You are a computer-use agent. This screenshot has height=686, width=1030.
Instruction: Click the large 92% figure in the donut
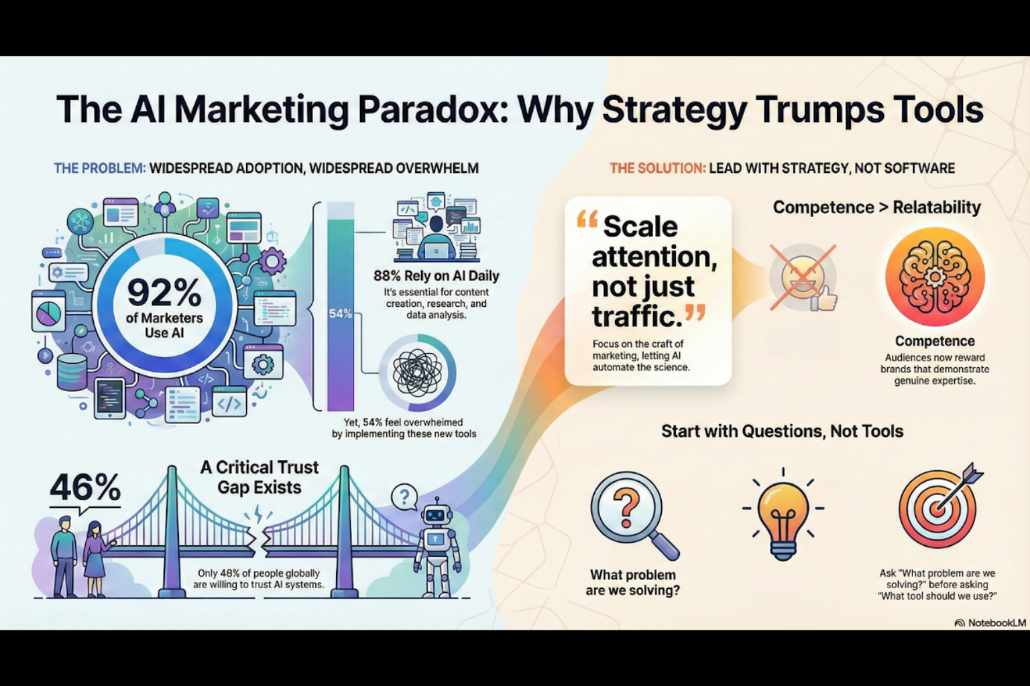tap(164, 293)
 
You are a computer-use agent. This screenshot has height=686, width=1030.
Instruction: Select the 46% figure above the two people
tap(85, 487)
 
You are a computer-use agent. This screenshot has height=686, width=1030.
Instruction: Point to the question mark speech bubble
tap(404, 496)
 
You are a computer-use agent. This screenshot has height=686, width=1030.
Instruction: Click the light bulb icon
tap(783, 515)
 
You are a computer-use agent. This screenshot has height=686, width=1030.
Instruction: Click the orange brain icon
tap(935, 276)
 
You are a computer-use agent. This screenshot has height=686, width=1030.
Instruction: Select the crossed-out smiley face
tap(803, 278)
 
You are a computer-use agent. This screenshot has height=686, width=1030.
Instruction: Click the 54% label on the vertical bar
tap(340, 314)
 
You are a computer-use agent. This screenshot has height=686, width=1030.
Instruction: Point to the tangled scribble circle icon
tap(417, 372)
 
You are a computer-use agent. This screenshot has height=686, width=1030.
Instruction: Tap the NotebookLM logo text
tap(997, 623)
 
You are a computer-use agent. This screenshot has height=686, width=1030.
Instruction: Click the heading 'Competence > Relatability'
tap(876, 207)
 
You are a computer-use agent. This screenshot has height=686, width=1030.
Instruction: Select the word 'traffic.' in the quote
tap(637, 316)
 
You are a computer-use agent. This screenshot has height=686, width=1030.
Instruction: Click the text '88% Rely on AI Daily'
tap(436, 276)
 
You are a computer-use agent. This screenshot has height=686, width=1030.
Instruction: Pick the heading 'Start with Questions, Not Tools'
tap(782, 431)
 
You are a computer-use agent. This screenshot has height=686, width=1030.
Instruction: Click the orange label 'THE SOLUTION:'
tap(658, 168)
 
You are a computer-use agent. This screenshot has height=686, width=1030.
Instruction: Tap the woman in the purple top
tap(96, 558)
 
